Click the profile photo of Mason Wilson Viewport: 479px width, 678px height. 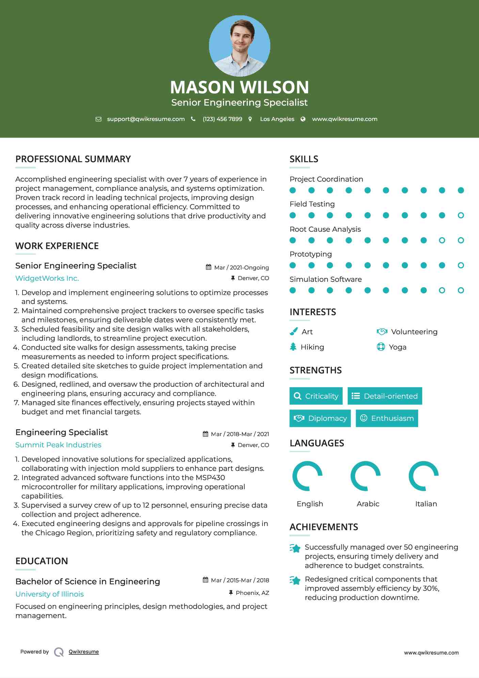coord(239,46)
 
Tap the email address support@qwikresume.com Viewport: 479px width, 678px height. coord(146,119)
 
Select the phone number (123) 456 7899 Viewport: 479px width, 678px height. coord(222,119)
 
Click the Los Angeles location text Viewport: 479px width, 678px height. coord(277,119)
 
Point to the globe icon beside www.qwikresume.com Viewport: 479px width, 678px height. coord(303,119)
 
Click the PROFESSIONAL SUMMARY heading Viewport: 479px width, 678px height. coord(73,159)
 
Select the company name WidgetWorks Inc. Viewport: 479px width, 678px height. coord(47,278)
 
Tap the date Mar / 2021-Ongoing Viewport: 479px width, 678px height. coord(241,267)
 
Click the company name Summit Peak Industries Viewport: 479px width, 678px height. coord(58,445)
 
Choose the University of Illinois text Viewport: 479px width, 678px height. coord(49,594)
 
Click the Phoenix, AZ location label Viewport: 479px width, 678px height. coord(252,593)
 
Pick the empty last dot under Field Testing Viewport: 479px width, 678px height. coord(461,215)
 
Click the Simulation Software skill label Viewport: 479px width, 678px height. coord(325,279)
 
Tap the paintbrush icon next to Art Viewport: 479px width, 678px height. coord(293,332)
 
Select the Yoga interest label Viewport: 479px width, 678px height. coord(397,347)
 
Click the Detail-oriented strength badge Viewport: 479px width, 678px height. coord(385,396)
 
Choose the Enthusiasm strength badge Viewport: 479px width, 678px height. coord(387,418)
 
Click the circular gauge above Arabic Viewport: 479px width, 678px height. coord(365,476)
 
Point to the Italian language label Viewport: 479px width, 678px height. coord(426,504)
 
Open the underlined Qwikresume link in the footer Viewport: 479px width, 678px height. coord(84,652)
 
